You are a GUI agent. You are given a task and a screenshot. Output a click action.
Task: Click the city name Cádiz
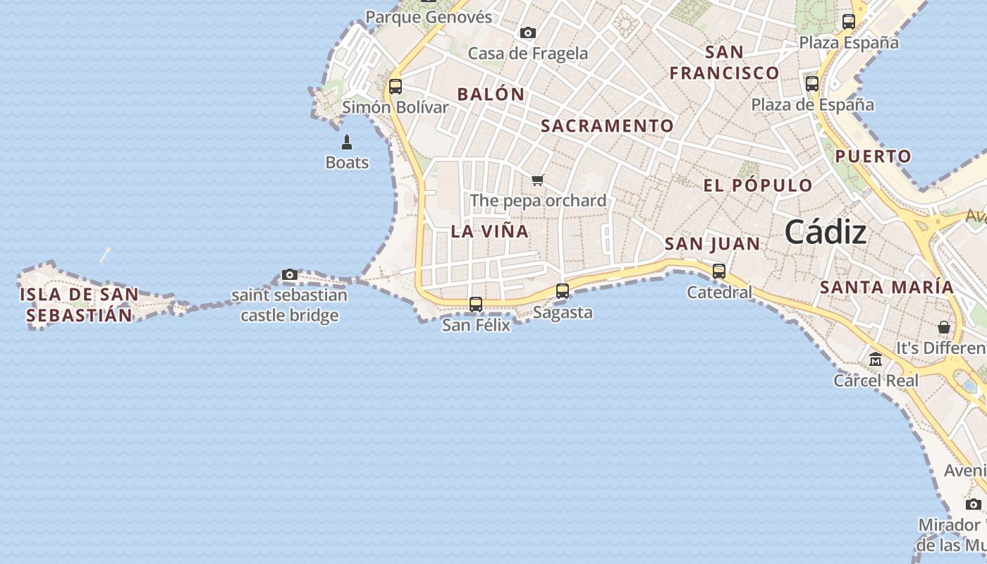[x=825, y=231]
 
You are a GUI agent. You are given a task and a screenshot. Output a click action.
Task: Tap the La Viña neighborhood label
[x=489, y=231]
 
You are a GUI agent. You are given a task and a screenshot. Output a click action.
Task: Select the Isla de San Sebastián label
[x=79, y=305]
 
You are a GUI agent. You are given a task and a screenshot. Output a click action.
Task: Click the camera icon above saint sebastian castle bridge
[x=289, y=274]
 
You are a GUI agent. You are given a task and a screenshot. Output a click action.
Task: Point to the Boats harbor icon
[x=347, y=143]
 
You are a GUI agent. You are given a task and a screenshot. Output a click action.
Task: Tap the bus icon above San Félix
[x=476, y=305]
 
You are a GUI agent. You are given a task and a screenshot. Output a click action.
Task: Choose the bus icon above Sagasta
[x=563, y=290]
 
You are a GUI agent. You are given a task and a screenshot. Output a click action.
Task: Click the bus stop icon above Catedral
[x=719, y=271]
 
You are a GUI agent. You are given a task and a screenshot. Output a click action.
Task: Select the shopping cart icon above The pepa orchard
[x=538, y=180]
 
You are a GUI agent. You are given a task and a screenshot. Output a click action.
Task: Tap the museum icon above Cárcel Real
[x=876, y=360]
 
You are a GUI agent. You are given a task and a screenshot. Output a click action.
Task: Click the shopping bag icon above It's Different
[x=944, y=327]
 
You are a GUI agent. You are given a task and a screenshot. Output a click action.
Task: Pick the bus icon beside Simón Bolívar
[x=396, y=87]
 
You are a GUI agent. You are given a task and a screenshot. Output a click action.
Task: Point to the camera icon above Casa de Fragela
[x=527, y=32]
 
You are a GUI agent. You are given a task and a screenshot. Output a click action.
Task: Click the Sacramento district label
[x=607, y=126]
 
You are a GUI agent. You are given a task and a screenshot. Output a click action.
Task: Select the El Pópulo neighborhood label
[x=758, y=185]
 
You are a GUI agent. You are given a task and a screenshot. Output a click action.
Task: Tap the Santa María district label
[x=887, y=288]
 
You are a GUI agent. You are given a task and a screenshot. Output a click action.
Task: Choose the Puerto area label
[x=873, y=157]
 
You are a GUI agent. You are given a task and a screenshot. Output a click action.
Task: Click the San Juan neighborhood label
[x=712, y=245]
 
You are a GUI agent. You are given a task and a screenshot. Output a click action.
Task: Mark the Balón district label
[x=491, y=94]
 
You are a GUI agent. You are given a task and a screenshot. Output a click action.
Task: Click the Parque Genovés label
[x=429, y=17]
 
